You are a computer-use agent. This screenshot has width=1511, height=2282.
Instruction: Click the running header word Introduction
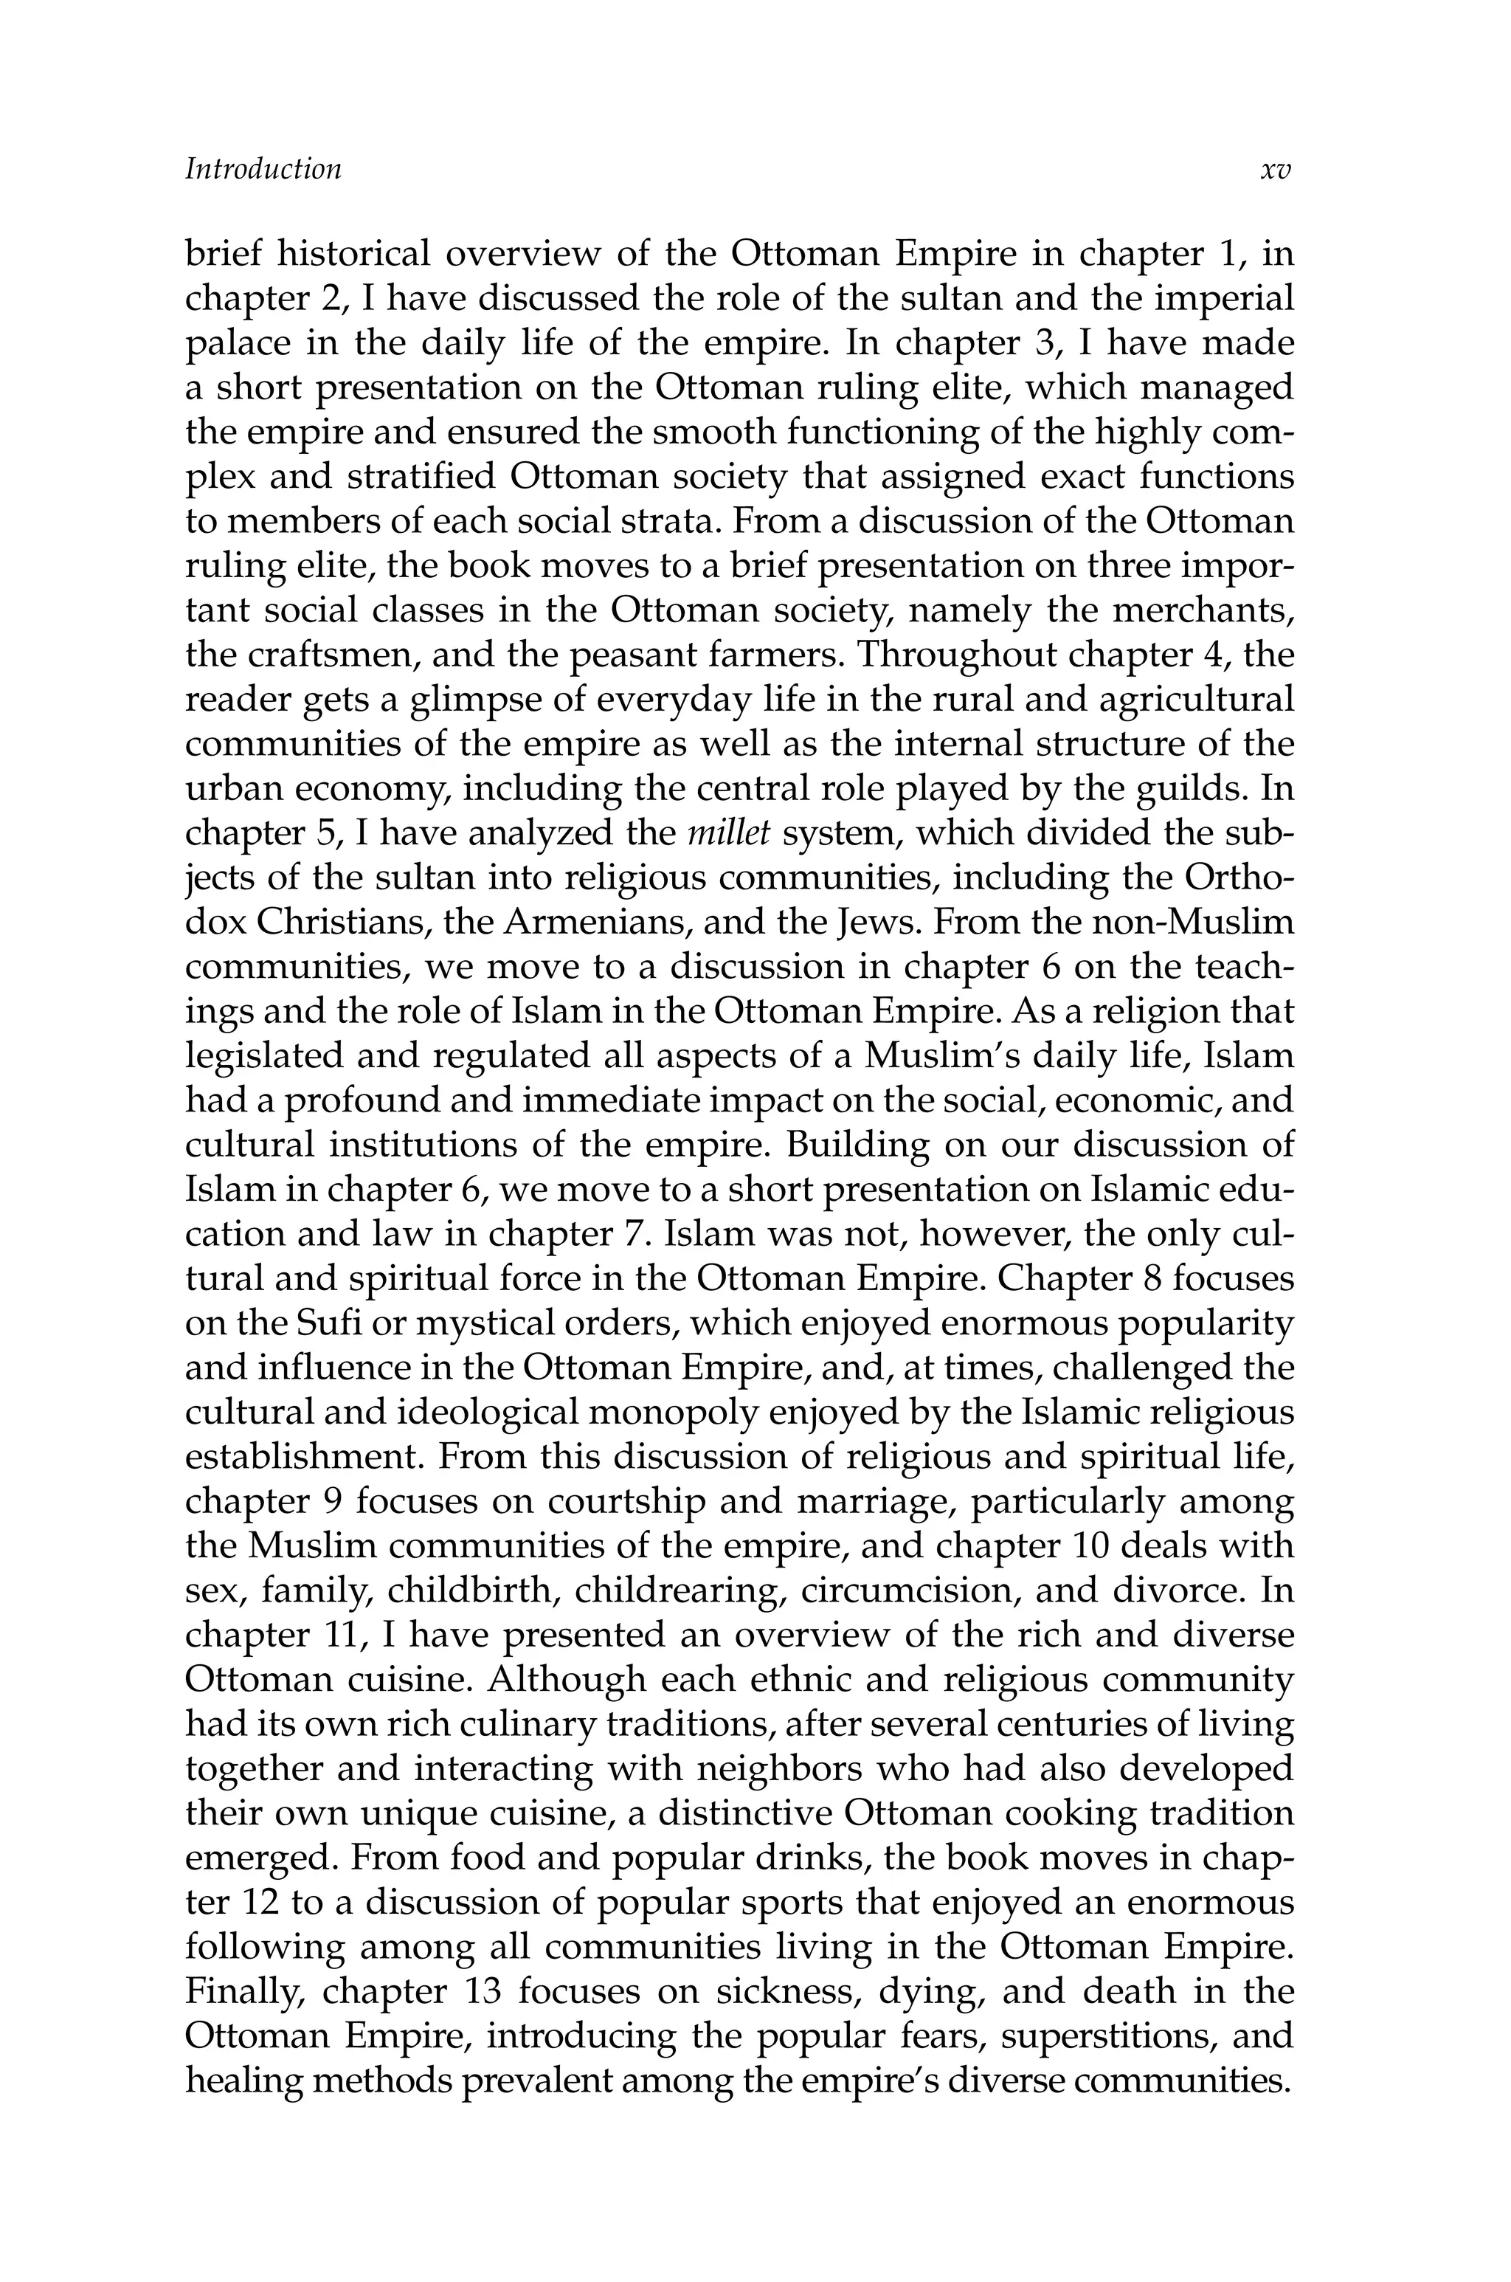[x=263, y=170]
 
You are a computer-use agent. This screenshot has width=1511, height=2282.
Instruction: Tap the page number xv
[x=1275, y=170]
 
